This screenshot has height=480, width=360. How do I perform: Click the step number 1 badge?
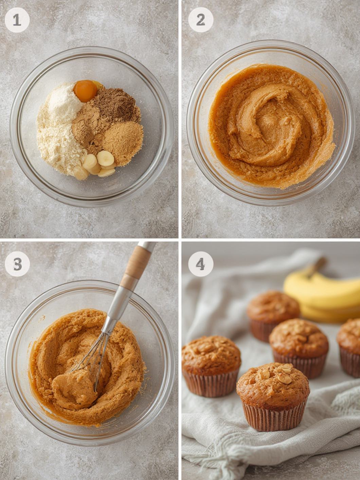17,20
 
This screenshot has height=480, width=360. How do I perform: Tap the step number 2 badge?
201,20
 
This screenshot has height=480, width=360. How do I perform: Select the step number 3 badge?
17,264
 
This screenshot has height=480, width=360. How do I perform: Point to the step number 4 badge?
201,264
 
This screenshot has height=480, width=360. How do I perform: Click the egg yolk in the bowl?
85,91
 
